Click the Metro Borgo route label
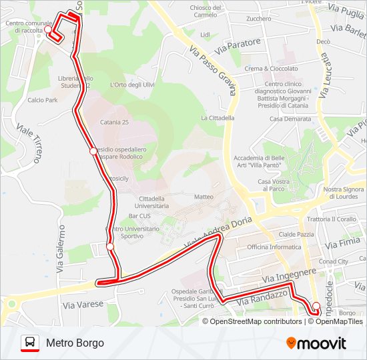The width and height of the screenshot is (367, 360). [x=75, y=343]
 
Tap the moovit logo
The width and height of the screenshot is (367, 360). [x=316, y=343]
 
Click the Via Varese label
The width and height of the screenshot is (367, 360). [x=83, y=304]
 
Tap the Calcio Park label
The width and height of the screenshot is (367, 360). [x=43, y=100]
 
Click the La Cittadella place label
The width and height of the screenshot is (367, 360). [x=218, y=118]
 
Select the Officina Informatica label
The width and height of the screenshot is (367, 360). [x=274, y=247]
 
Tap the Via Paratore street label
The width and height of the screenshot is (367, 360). [x=238, y=47]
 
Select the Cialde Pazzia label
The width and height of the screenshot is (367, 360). [x=296, y=234]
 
